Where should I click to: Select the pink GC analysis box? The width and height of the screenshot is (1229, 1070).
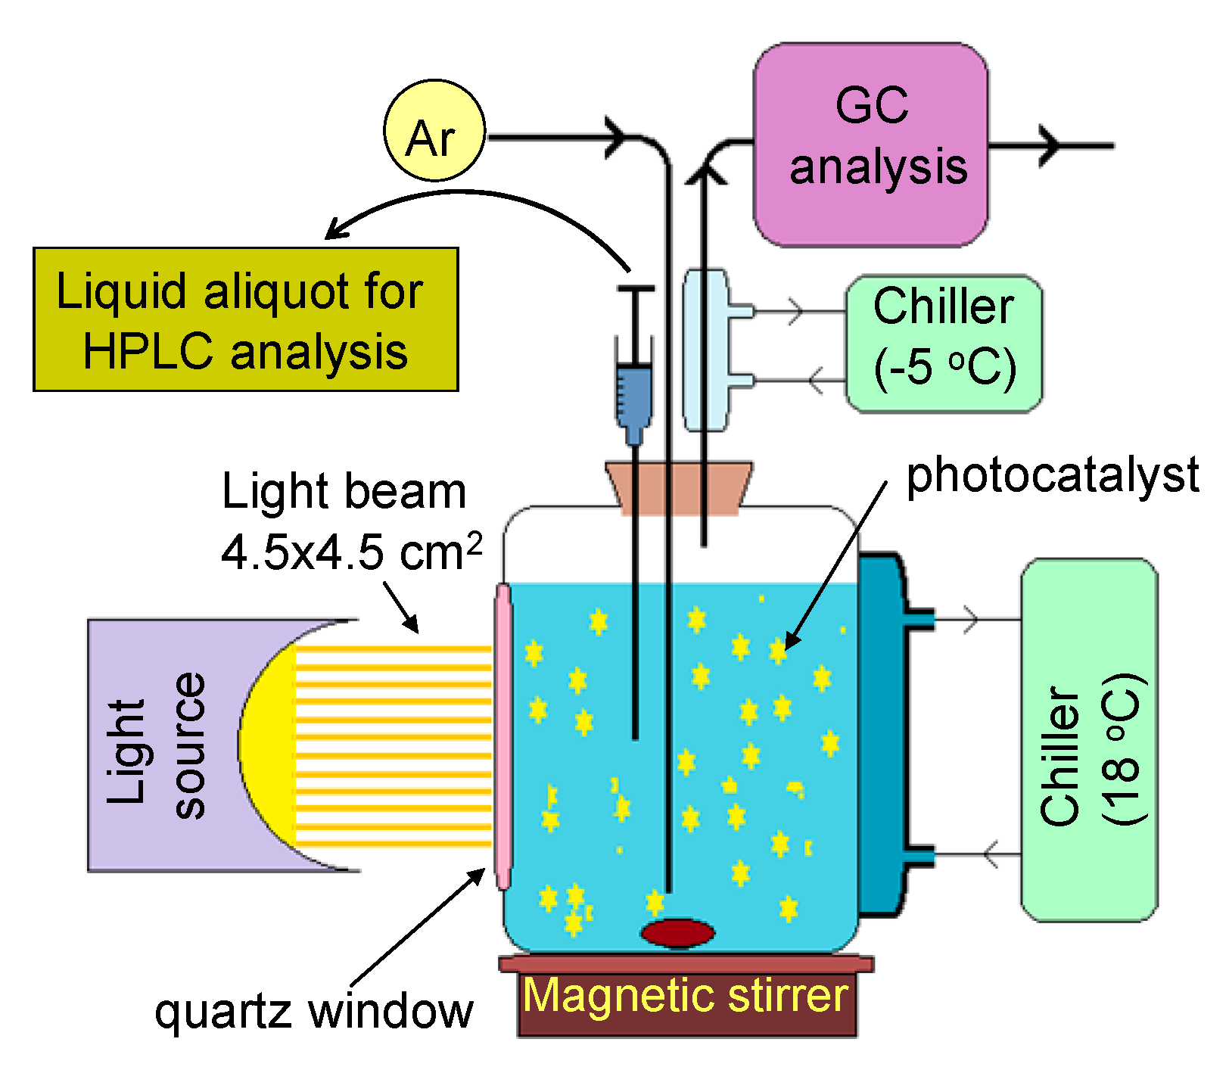pos(870,145)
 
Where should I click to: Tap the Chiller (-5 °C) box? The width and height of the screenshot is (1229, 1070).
pos(943,344)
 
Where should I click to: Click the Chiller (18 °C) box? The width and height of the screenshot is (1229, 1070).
pos(1089,739)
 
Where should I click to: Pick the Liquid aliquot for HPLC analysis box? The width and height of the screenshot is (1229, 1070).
pos(245,319)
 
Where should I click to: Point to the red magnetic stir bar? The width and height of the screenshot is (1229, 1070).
pos(677,932)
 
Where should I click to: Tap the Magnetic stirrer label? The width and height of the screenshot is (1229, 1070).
pos(686,996)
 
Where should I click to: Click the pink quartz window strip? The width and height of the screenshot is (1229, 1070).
pos(502,734)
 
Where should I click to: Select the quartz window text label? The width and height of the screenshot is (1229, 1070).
pos(313,1011)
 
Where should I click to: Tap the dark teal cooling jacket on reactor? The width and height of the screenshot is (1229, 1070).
pos(879,734)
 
